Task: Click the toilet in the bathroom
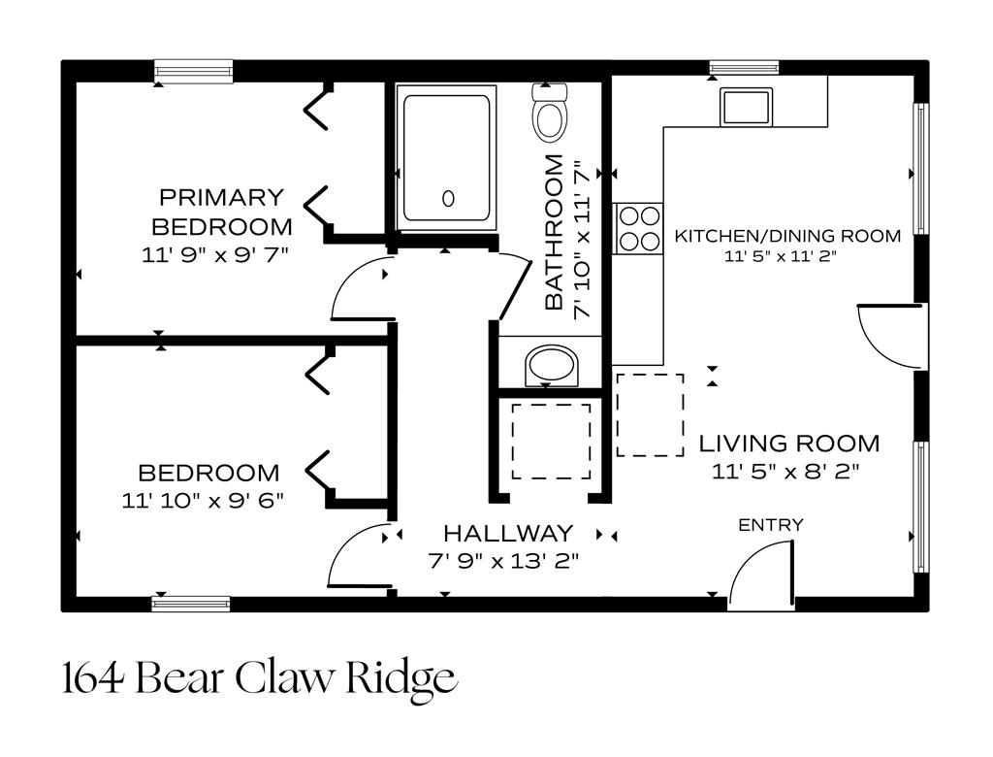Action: point(550,115)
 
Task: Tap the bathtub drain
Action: point(448,199)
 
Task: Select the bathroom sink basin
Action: point(550,367)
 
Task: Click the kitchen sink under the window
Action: point(744,106)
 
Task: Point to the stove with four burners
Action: point(637,228)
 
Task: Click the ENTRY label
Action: point(771,525)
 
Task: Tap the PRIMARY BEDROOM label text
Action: point(222,213)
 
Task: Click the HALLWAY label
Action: point(508,533)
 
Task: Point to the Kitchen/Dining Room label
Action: point(787,236)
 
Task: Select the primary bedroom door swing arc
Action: point(355,291)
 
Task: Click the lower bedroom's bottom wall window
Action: point(191,604)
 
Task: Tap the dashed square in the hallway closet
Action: point(551,441)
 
